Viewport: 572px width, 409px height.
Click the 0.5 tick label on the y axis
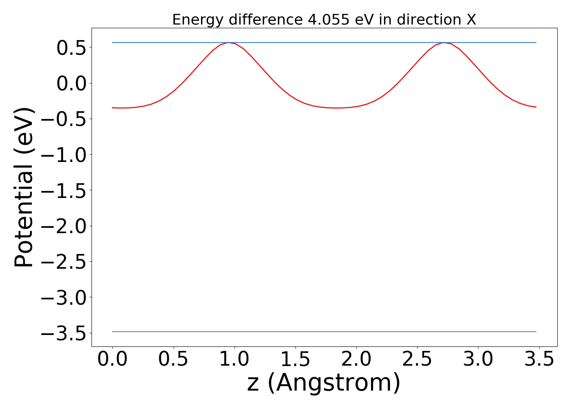pos(71,47)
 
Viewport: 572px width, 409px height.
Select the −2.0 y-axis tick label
pos(63,226)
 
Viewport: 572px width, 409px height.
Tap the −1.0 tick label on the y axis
pos(63,155)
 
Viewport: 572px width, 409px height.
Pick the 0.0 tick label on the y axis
pos(71,83)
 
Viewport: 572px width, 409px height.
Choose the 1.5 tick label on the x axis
pos(295,359)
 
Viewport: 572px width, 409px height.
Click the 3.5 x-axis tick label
pos(539,359)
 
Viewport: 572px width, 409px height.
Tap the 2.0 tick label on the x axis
pos(356,359)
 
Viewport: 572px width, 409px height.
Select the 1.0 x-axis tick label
pos(235,359)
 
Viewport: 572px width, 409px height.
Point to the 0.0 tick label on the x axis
pos(113,359)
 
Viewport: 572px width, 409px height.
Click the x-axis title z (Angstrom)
pos(324,383)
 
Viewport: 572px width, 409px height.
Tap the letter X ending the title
pos(471,20)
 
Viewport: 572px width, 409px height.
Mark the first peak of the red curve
pos(228,43)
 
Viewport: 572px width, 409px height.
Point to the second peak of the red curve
pos(444,43)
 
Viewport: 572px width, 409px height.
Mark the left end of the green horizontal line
pos(113,332)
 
